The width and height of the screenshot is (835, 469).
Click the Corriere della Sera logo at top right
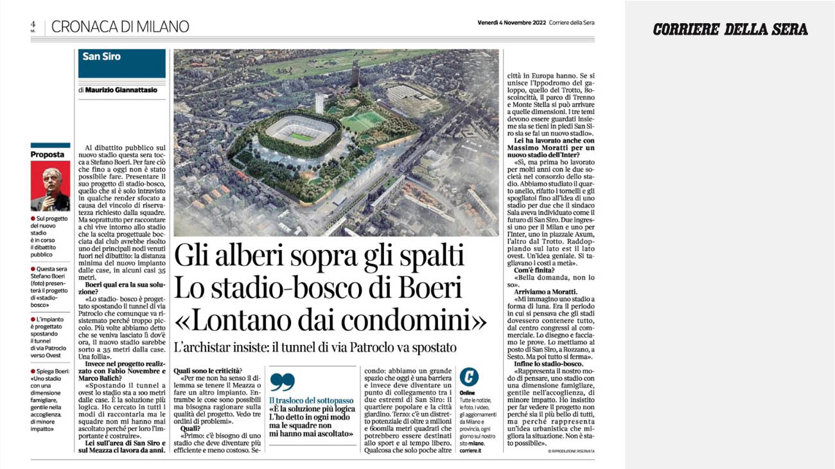[730, 29]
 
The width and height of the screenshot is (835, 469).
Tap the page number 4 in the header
[32, 24]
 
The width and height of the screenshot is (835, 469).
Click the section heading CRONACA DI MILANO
[120, 26]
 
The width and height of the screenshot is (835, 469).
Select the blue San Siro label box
[121, 62]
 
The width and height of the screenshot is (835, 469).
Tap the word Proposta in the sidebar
[48, 155]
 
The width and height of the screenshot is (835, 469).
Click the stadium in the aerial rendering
[301, 128]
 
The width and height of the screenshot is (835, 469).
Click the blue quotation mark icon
[282, 382]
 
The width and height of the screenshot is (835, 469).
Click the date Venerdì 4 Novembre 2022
[511, 22]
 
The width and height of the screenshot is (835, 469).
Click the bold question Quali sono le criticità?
[208, 370]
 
